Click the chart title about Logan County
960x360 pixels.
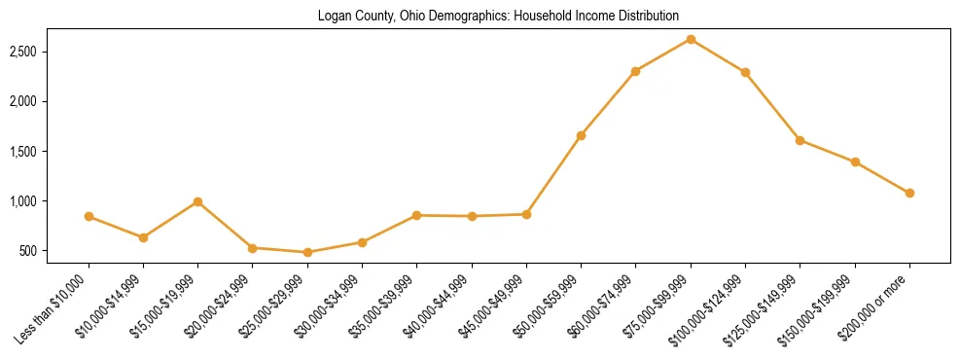point(498,16)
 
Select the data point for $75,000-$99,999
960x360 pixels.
point(691,39)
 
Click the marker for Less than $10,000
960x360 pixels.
point(89,216)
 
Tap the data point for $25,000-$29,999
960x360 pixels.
point(307,252)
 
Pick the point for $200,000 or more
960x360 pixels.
point(909,193)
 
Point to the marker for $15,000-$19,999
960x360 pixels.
point(197,201)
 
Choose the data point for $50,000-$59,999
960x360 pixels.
point(581,135)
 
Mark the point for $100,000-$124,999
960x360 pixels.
point(745,72)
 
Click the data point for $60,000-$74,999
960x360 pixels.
point(635,71)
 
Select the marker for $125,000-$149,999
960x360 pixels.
point(800,140)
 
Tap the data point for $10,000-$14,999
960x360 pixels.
point(143,237)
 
